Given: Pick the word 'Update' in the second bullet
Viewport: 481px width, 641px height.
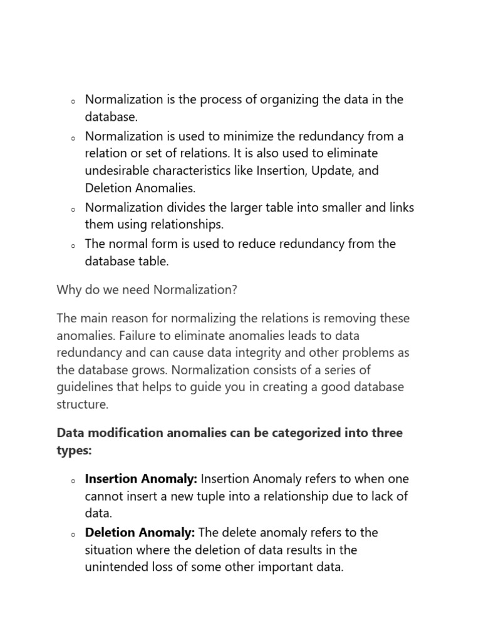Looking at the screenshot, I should coord(328,171).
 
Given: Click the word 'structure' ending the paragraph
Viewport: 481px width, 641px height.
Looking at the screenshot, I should coord(81,404).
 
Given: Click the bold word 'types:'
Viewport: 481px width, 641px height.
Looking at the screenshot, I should coord(73,451).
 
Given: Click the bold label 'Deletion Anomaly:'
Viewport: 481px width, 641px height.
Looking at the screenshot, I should coord(140,533).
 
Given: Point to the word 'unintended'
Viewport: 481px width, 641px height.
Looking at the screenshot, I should coord(116,568).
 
